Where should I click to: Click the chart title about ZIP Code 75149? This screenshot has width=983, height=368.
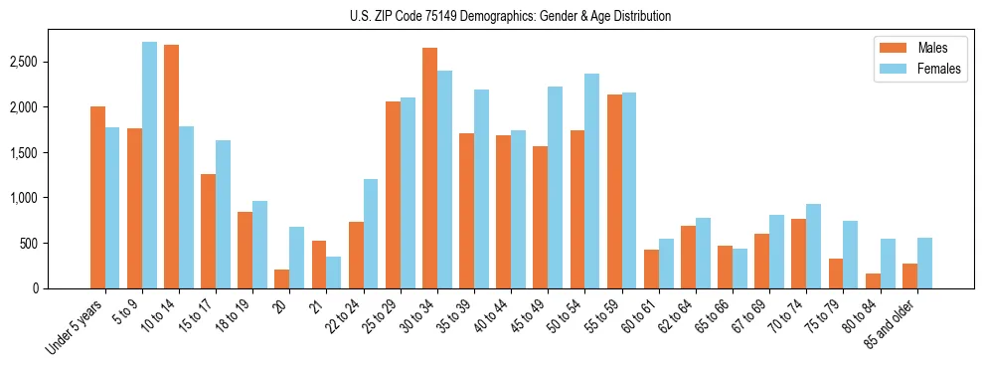point(510,16)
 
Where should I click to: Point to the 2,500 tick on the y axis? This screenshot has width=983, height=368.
point(24,62)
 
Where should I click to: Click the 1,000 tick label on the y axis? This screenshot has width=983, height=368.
point(24,198)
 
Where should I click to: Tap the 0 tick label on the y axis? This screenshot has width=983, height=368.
point(36,288)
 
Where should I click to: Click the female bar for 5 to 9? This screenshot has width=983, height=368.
point(149,165)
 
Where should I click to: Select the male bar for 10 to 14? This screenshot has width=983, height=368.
point(171,166)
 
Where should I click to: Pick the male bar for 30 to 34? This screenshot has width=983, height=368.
point(429,168)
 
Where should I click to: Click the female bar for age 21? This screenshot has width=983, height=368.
point(334,273)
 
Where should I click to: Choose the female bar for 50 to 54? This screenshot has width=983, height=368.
point(591,181)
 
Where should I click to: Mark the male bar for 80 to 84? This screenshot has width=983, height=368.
point(872,280)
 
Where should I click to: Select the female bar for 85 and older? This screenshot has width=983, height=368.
point(923,263)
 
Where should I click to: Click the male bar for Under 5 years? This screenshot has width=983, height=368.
point(97,197)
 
